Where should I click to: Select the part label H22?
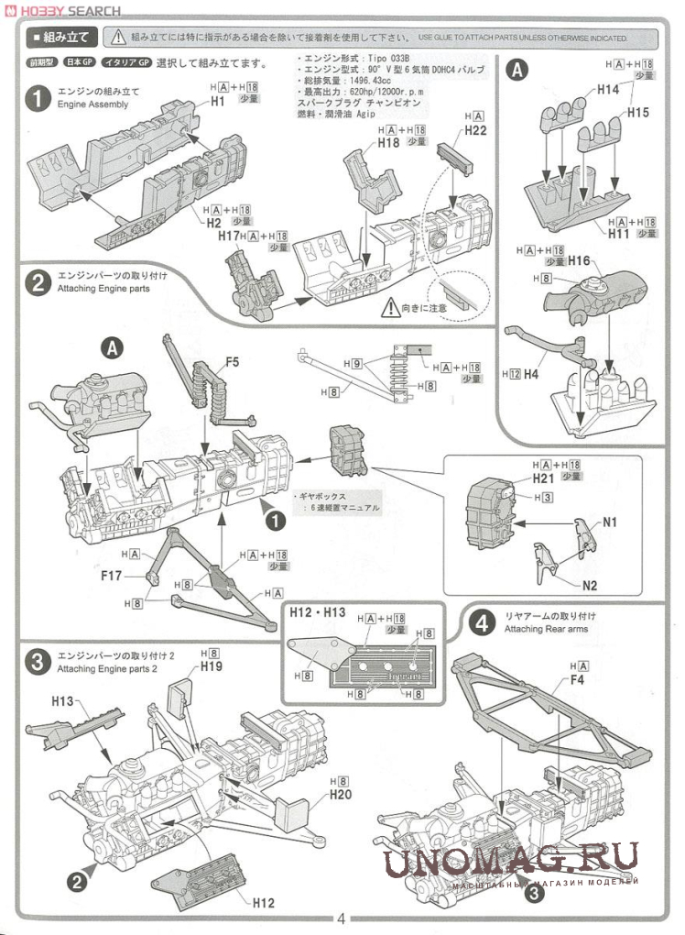click(475, 131)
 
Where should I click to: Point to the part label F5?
click(232, 362)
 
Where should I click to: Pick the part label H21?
click(544, 478)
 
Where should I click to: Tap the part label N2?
click(588, 584)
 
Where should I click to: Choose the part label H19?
click(211, 667)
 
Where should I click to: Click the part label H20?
click(341, 795)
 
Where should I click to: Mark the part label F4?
click(577, 680)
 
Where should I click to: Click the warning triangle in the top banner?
click(118, 38)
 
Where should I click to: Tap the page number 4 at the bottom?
click(341, 919)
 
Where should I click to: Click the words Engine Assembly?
click(92, 104)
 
